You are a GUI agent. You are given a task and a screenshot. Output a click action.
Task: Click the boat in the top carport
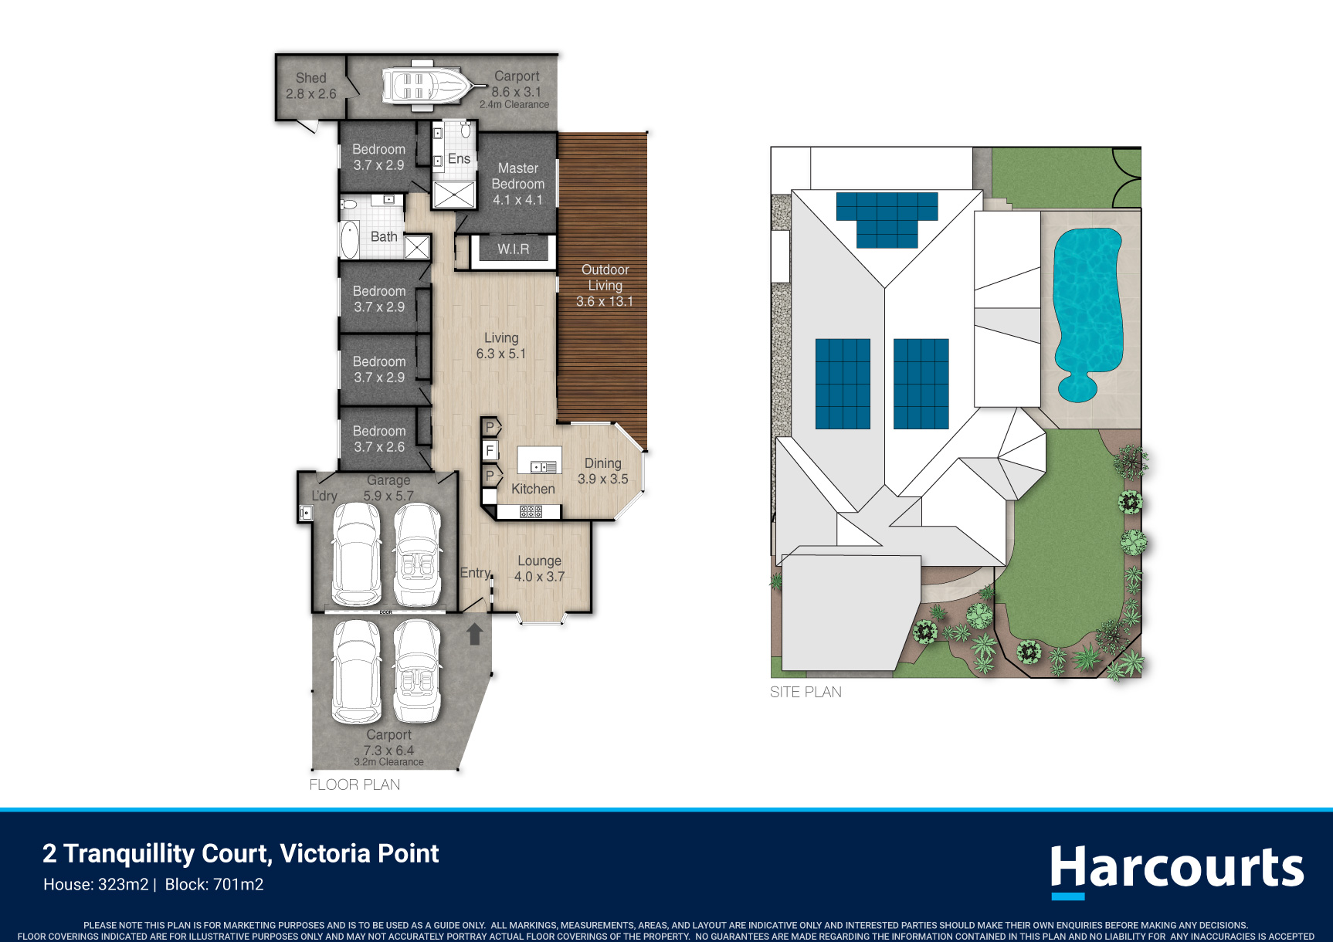pos(424,85)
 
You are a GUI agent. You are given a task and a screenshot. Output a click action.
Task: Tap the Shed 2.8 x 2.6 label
pos(311,86)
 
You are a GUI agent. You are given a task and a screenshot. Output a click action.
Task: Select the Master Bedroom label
pos(518,176)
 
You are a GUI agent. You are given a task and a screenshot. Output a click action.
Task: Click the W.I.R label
pos(514,249)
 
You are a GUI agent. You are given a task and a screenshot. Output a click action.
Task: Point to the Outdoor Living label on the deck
pos(605,277)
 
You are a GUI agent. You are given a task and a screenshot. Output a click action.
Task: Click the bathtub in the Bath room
pos(350,239)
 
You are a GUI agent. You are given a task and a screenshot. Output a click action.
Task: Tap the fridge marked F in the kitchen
pos(490,450)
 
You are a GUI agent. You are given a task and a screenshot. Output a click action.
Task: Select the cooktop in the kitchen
pos(531,511)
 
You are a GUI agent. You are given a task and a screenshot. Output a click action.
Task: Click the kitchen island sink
pos(544,467)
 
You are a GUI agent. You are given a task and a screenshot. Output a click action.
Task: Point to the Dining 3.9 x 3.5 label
pos(603,471)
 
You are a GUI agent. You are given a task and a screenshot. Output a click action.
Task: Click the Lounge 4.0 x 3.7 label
pos(540,568)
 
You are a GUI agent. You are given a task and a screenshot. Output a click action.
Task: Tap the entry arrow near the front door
pos(475,634)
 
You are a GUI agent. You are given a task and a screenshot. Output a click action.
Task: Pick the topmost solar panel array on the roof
pos(887,220)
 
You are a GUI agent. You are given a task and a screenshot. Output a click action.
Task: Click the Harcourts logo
pos(1177,870)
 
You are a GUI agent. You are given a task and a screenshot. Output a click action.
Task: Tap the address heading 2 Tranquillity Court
pos(241,853)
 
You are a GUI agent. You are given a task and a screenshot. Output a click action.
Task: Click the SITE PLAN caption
pos(806,692)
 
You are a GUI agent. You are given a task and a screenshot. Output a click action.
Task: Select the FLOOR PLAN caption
pos(354,784)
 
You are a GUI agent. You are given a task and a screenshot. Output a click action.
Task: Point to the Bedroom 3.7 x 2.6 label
pos(379,439)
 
